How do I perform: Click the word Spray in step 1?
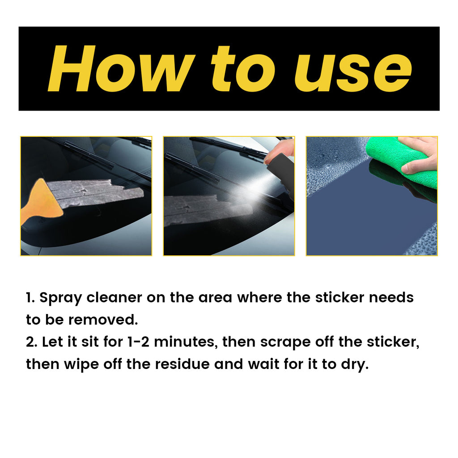pos(60,298)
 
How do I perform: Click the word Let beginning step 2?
pos(50,342)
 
